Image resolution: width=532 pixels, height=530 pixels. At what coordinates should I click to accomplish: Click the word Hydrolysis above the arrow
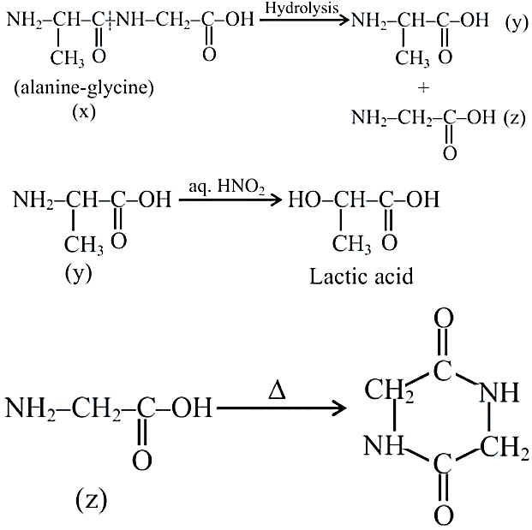(302, 9)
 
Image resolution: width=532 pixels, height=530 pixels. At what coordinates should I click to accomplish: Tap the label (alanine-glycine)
(84, 87)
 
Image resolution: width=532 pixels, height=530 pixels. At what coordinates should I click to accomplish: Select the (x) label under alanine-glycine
(84, 111)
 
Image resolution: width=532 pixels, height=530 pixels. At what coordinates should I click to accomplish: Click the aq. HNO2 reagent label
(227, 188)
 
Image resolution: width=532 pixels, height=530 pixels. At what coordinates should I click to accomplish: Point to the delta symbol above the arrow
(277, 391)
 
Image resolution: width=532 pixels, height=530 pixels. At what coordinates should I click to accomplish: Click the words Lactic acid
(362, 277)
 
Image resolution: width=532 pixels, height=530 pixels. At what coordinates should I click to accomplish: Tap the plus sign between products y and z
(423, 88)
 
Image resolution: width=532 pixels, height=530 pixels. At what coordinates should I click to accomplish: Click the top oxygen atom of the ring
(444, 319)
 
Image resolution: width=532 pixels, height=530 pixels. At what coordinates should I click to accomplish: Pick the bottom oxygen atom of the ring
(444, 515)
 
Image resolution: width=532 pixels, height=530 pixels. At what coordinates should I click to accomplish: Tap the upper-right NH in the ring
(499, 392)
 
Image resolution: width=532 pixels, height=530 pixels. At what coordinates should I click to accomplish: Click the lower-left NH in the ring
(384, 445)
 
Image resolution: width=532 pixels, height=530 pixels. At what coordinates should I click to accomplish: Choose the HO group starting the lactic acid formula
(303, 199)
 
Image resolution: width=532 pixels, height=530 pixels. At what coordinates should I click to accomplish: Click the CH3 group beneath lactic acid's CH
(351, 244)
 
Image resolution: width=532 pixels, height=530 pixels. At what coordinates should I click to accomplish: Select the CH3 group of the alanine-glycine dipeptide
(68, 59)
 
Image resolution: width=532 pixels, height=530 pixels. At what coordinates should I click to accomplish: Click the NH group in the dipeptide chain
(130, 20)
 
